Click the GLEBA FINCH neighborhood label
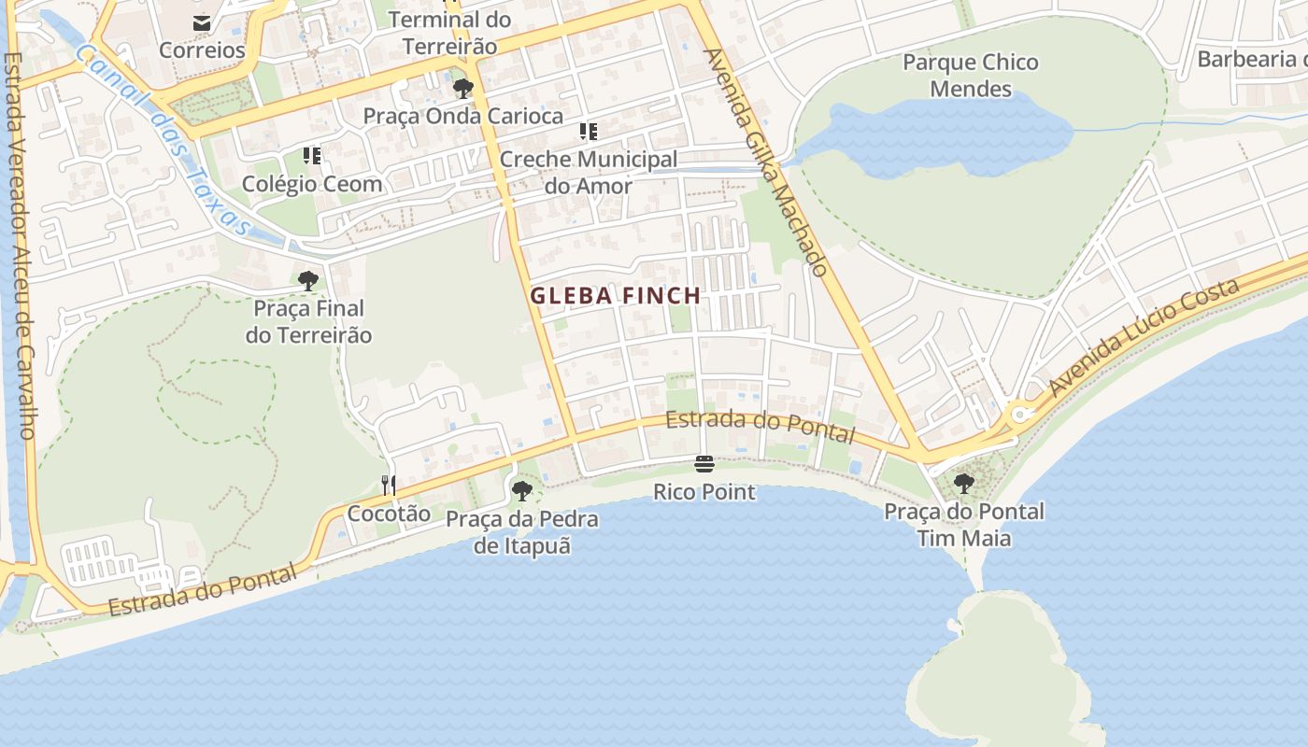[x=616, y=296]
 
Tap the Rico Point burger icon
[x=704, y=464]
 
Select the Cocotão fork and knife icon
[x=389, y=485]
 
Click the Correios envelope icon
[x=202, y=23]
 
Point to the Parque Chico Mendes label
[x=971, y=76]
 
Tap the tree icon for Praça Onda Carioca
[x=462, y=89]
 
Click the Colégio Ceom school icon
[x=312, y=156]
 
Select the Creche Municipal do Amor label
[x=589, y=172]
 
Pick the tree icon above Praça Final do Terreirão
[x=307, y=280]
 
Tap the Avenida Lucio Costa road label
[x=1145, y=336]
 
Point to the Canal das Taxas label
[x=163, y=140]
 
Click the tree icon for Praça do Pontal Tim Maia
[x=964, y=484]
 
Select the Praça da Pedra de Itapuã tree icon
[x=522, y=490]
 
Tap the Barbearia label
[x=1252, y=60]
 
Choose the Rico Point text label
[x=704, y=491]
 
